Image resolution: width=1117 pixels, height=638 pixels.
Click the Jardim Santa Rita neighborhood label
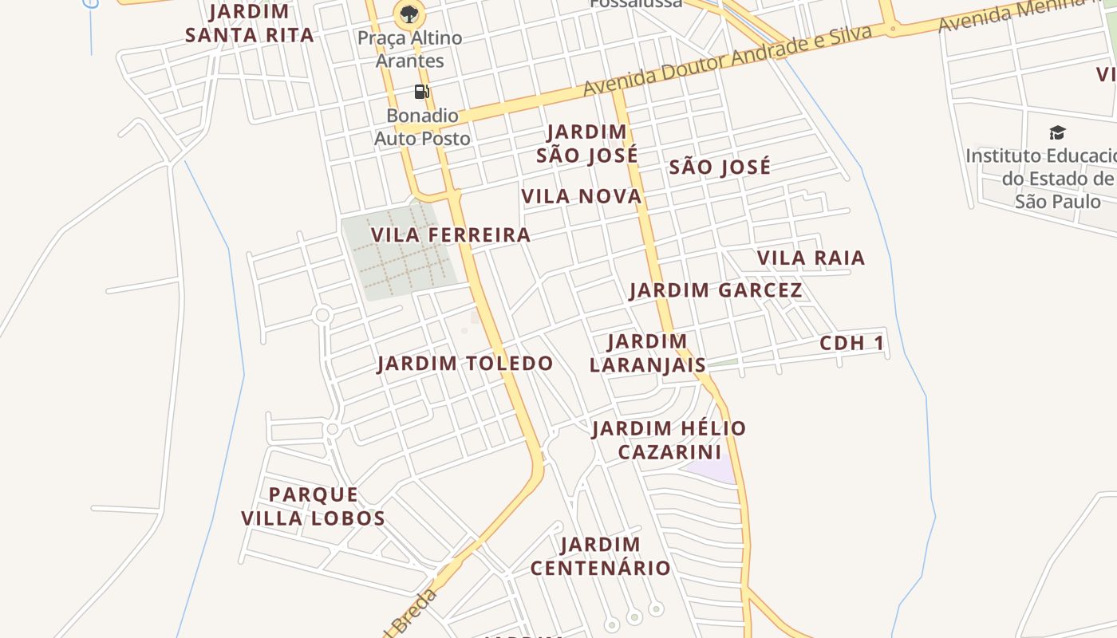point(250,23)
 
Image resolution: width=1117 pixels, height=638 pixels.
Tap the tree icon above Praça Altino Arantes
point(409,14)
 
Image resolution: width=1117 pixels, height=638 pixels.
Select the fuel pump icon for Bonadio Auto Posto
point(421,91)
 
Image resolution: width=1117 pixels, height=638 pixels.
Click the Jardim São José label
point(587,144)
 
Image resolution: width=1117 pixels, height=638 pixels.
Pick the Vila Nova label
point(582,196)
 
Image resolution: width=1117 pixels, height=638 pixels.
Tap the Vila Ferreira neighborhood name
point(451,234)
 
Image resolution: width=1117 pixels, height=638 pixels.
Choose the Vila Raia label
point(811,258)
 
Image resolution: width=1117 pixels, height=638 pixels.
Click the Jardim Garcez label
point(716,290)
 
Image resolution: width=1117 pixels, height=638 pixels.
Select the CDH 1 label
point(852,343)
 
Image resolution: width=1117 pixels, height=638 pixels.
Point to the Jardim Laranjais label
point(648,353)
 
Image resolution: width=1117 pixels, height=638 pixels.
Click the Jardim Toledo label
point(465,364)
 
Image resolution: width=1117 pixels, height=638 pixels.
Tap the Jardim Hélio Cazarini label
point(669,439)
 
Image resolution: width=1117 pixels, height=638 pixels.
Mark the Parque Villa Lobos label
point(314,506)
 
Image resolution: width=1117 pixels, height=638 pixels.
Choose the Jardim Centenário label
point(601,557)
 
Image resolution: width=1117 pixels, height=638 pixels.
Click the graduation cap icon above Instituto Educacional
point(1057,132)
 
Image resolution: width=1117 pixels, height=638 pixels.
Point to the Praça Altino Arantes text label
point(410,49)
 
